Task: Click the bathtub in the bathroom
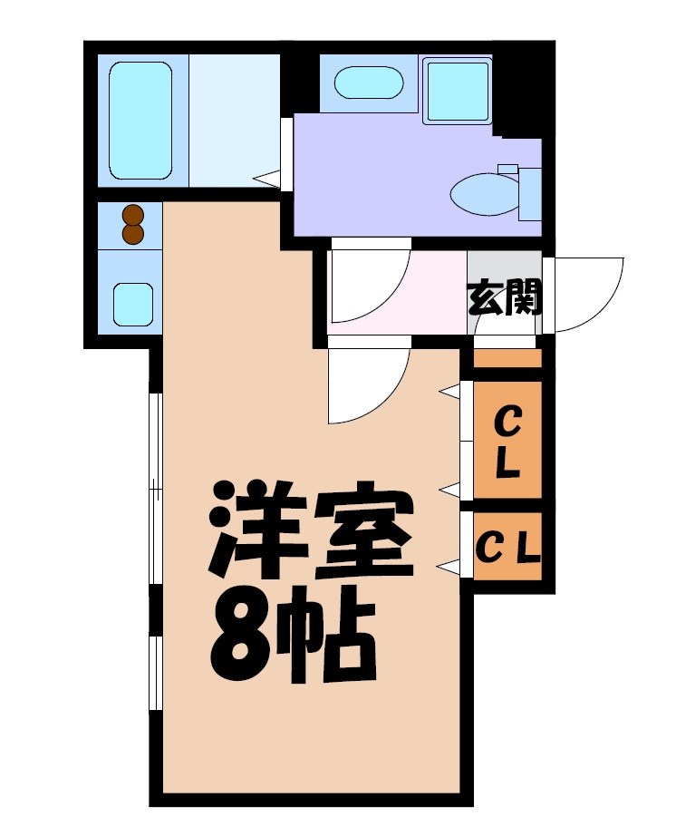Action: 140,121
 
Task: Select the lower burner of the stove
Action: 133,234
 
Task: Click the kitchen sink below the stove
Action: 132,303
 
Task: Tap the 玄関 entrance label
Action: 504,296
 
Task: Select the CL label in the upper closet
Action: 507,442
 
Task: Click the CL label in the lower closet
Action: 507,547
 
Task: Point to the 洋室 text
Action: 308,533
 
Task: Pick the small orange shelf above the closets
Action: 507,357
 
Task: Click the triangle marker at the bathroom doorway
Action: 266,179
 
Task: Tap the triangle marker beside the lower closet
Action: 448,567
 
